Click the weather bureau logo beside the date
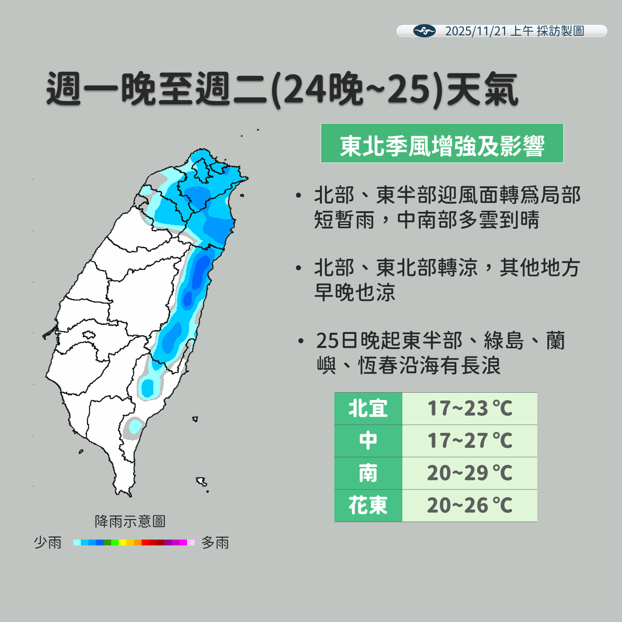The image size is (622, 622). click(x=424, y=31)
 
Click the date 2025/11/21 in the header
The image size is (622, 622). click(x=476, y=31)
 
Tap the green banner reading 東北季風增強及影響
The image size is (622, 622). click(x=442, y=143)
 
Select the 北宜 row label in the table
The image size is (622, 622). click(x=368, y=409)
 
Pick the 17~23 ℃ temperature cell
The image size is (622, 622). click(x=470, y=409)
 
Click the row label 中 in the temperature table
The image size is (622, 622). click(x=368, y=441)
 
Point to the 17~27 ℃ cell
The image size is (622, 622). click(x=470, y=441)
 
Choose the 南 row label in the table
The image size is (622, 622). click(x=368, y=473)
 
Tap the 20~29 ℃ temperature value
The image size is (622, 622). click(x=470, y=473)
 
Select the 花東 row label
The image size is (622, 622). click(x=368, y=505)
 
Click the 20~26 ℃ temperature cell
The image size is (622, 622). click(x=470, y=505)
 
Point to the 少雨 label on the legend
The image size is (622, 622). click(x=48, y=542)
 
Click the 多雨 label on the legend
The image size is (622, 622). click(x=215, y=542)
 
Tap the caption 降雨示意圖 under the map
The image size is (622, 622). click(x=130, y=521)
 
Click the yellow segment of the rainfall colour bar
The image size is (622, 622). click(x=122, y=542)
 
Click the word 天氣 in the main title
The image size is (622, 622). click(x=482, y=89)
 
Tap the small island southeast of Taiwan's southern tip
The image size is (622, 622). click(x=202, y=482)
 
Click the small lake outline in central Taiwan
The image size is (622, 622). click(x=89, y=334)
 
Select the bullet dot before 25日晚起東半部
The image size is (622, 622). click(x=301, y=341)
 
